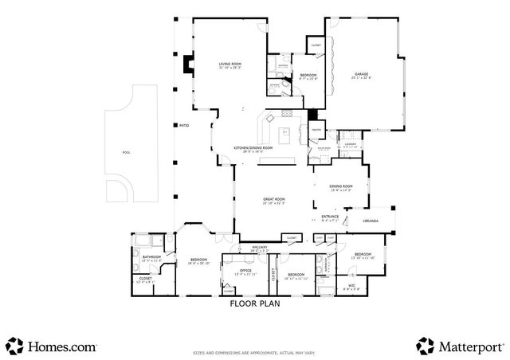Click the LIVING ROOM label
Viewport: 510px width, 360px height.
230,65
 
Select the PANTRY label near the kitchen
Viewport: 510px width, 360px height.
316,128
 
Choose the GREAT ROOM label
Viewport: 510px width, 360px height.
274,201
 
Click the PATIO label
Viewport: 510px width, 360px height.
183,125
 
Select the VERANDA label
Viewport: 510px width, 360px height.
371,221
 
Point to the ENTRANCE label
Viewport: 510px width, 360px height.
330,217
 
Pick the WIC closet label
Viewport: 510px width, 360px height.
351,285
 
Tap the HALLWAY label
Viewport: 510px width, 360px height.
261,248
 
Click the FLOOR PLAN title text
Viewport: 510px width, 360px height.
254,303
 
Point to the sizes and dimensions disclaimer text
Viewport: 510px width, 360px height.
254,353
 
